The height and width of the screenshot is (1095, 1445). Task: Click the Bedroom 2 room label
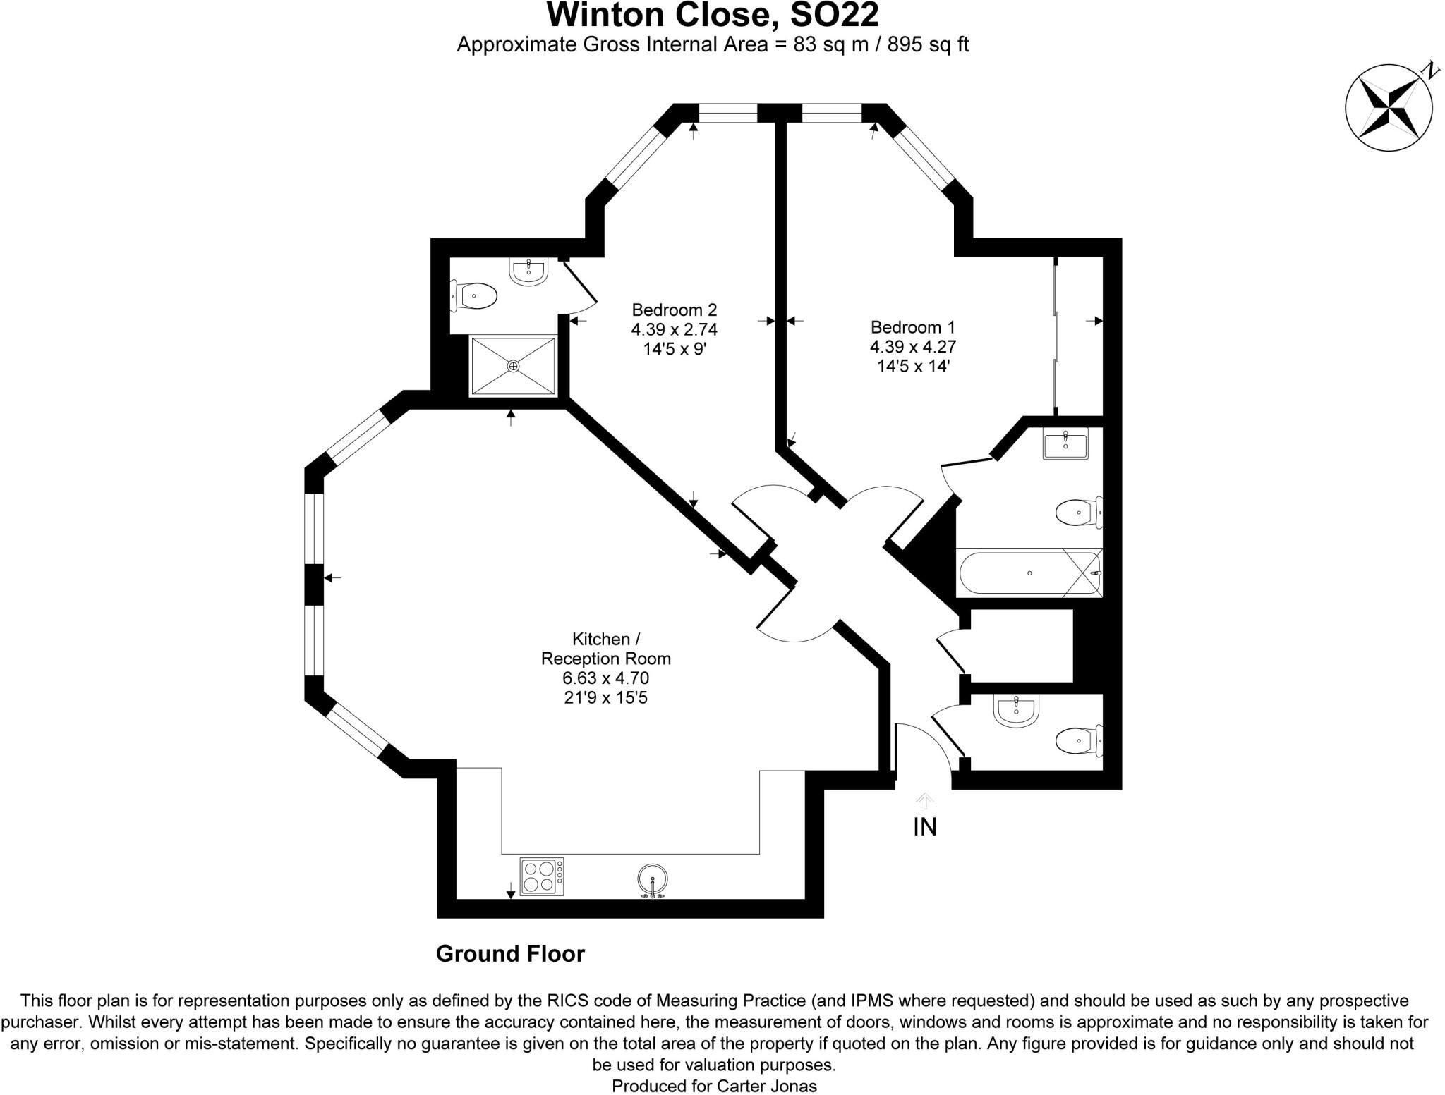coord(674,310)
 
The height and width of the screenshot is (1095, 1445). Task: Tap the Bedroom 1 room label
coord(912,327)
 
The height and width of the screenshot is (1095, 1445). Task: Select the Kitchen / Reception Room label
coord(605,649)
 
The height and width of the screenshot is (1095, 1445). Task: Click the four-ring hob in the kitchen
coord(541,876)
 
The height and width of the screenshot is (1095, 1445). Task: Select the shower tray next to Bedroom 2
coord(513,366)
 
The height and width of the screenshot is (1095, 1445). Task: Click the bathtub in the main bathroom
coord(1029,573)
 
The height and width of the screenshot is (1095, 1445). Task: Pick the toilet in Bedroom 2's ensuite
coord(475,295)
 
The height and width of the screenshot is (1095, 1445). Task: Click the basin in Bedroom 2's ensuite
coord(528,271)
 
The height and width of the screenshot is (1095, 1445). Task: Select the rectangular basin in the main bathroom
coord(1065,446)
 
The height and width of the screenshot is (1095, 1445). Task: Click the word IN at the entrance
coord(924,826)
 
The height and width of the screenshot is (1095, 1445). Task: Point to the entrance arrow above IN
coord(924,800)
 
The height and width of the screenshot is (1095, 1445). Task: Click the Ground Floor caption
coord(510,954)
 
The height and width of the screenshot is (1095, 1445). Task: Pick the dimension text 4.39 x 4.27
coord(912,347)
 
